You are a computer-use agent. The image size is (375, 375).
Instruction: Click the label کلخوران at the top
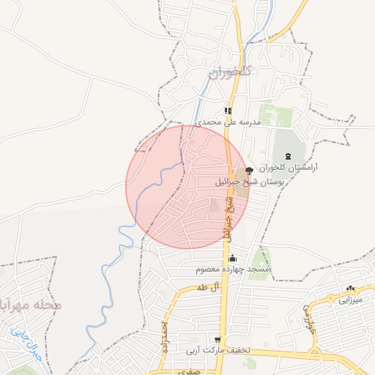(230, 72)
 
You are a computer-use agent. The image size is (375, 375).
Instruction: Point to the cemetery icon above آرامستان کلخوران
(287, 155)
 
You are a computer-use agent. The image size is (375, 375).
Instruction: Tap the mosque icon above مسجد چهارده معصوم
(233, 258)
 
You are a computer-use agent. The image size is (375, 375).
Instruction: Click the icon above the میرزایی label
(350, 288)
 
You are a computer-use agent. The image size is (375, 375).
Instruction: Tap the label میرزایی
(349, 300)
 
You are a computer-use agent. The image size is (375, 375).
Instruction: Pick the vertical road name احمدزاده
(166, 338)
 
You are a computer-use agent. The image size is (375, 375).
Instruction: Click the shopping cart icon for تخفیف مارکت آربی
(218, 339)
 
